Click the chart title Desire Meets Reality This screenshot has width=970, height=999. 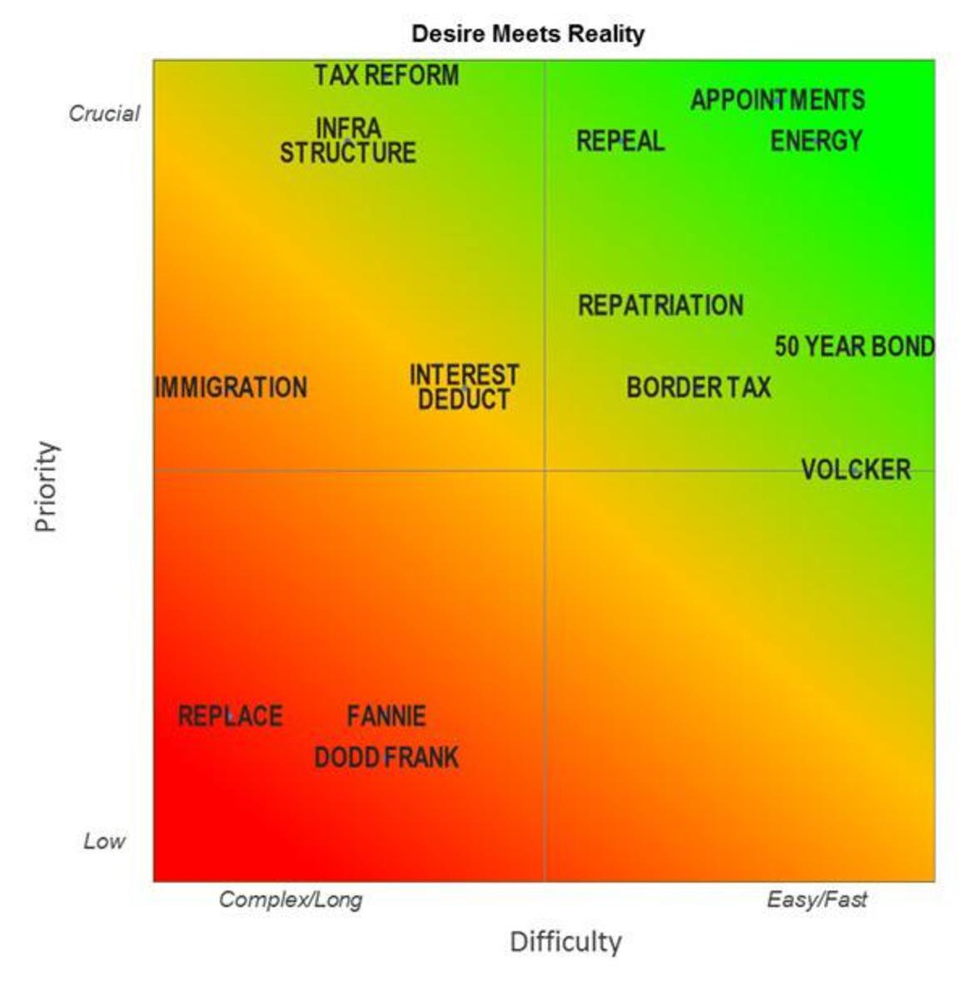528,34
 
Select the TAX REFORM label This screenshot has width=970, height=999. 386,76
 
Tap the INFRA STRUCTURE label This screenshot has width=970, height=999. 348,141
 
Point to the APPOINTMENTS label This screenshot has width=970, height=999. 778,100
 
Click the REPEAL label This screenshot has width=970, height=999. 620,141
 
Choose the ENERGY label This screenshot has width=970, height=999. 816,141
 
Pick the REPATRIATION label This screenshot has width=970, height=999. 660,306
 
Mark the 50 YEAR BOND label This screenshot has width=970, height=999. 854,346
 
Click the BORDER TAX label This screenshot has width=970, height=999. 699,387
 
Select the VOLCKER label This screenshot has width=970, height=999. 856,470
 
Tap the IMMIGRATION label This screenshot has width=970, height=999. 231,387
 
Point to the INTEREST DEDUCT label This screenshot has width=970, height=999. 464,387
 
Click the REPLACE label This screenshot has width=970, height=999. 230,716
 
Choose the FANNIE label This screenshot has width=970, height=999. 386,716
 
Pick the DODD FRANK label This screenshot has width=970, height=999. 386,758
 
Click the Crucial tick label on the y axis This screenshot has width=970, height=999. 104,113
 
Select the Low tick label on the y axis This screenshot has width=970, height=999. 104,841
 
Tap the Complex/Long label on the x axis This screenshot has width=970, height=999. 291,899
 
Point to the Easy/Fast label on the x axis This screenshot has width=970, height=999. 817,899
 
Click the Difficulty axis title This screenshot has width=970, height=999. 565,942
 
